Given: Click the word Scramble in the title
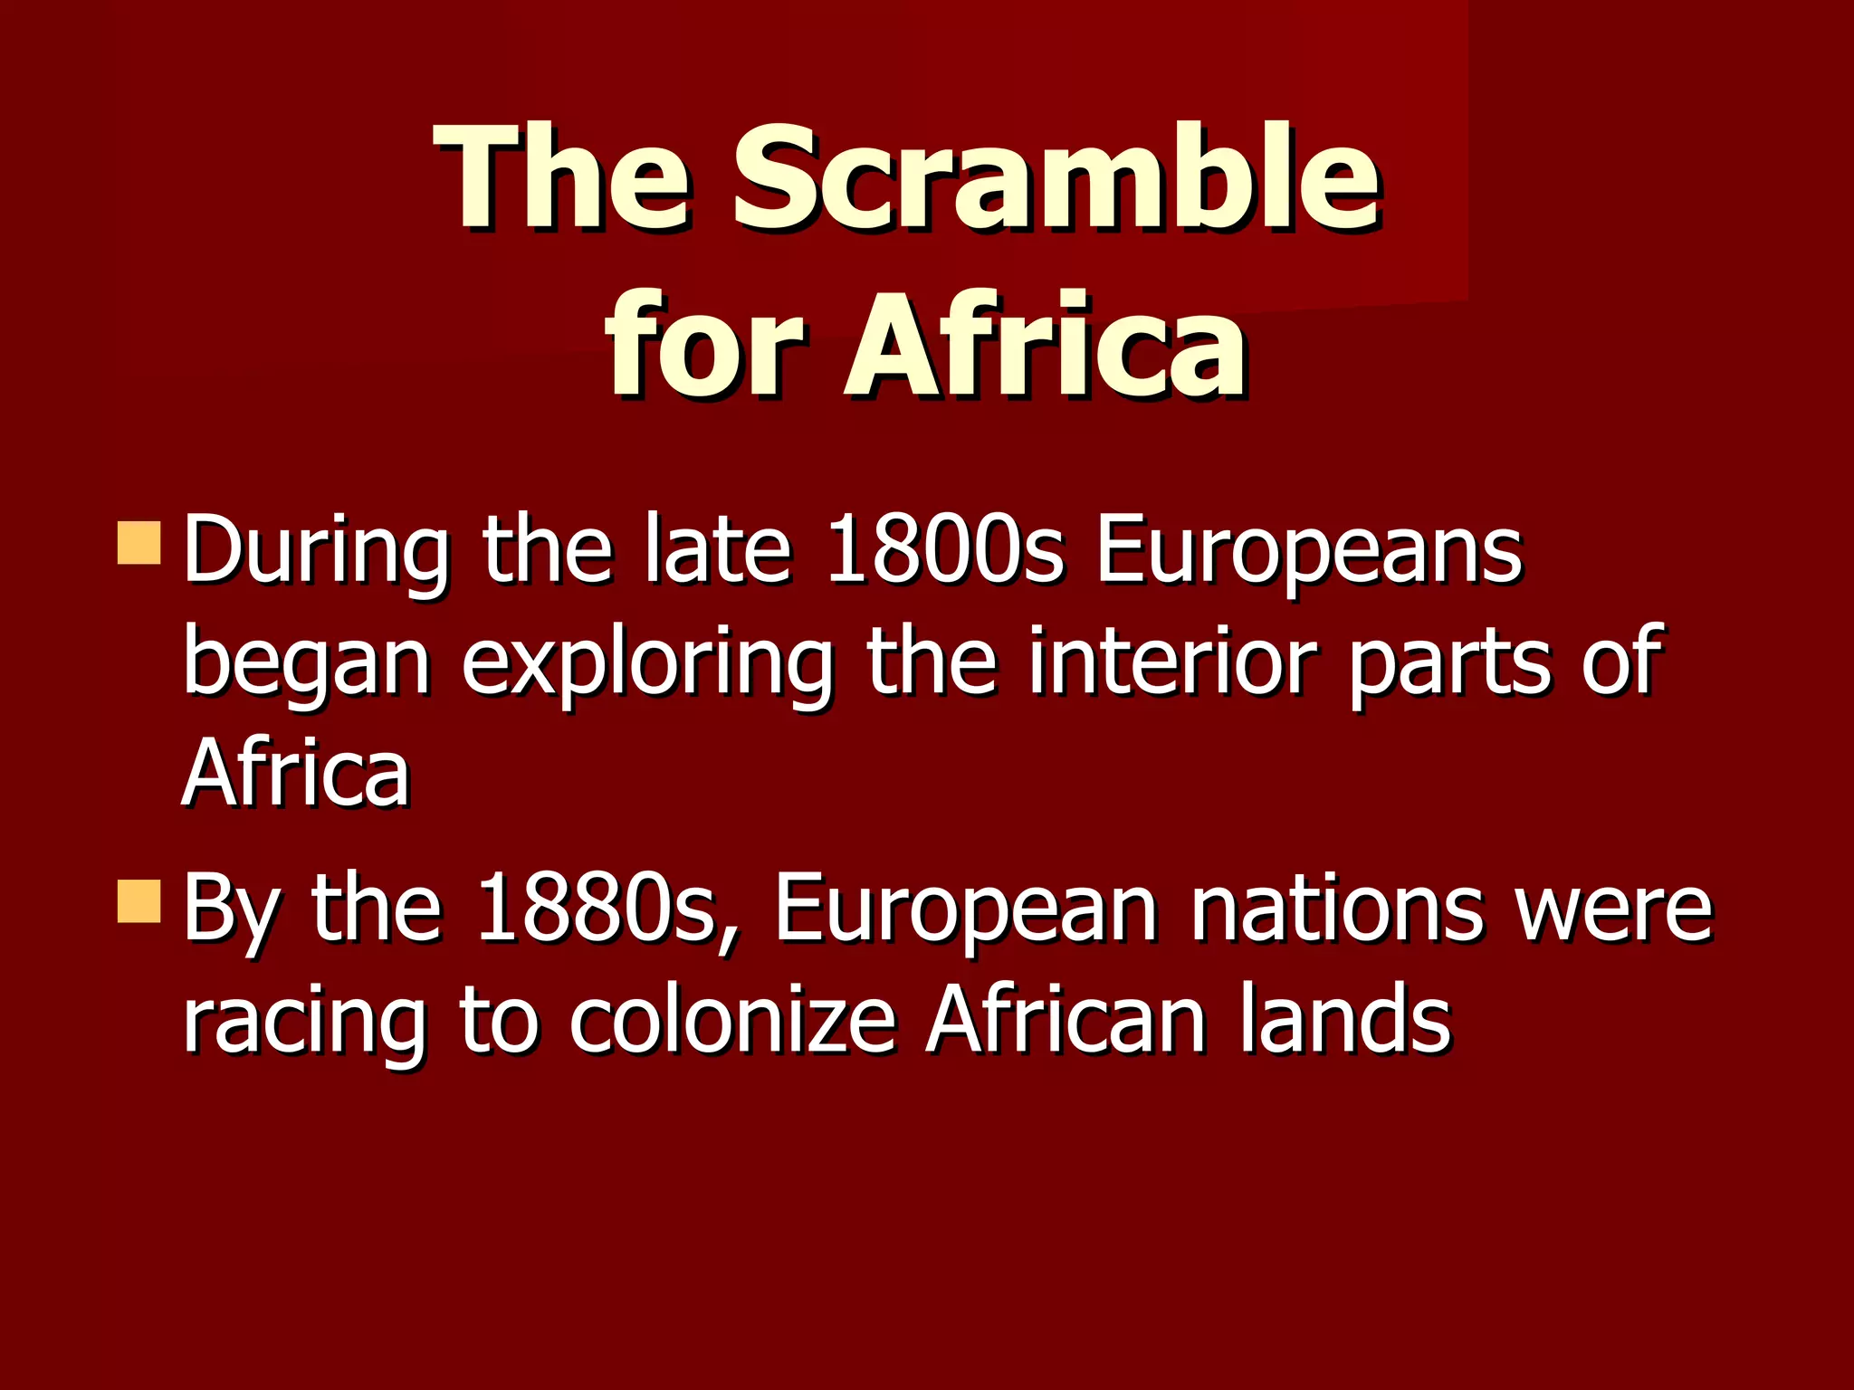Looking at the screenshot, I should coord(1056,177).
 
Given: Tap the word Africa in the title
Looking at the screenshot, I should coord(1046,347).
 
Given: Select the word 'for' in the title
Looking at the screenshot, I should coord(703,347).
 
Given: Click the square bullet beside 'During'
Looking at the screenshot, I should coord(139,543).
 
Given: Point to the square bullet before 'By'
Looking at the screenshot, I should coord(139,900).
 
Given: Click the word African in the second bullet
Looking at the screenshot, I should coord(1066,1019).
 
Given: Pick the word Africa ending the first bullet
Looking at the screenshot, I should coord(296,772).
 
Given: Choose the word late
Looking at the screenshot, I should coord(717,549).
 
